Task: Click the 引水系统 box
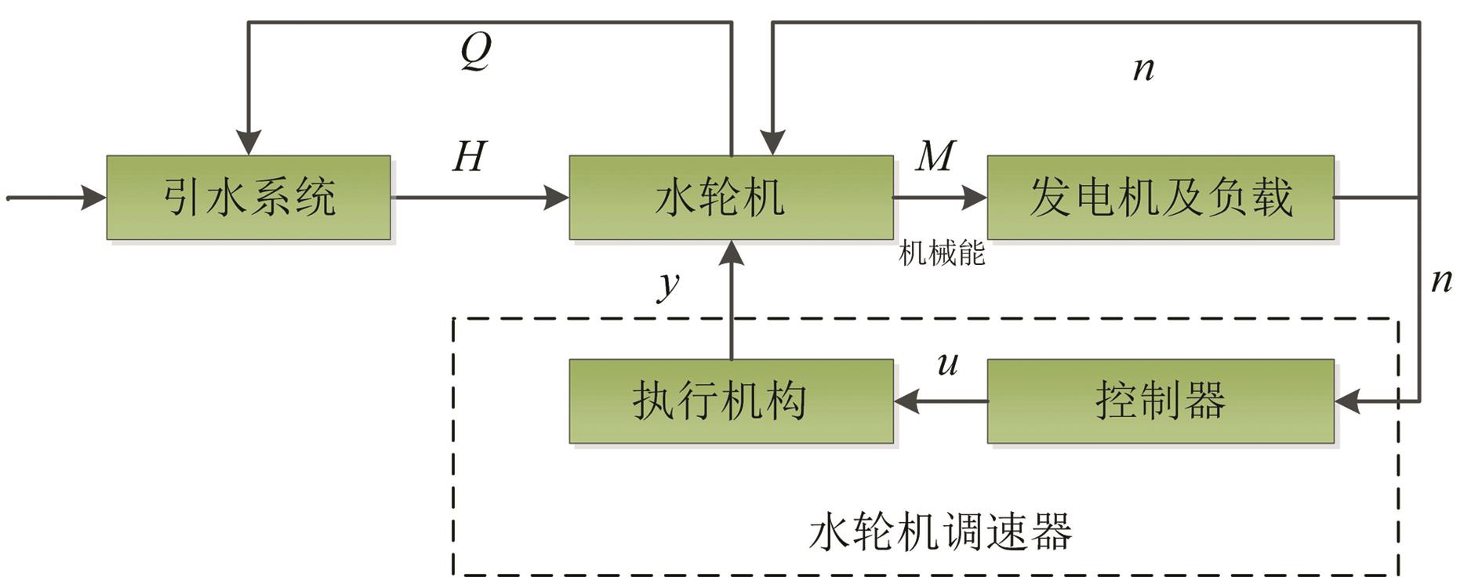tap(249, 198)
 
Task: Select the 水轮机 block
tap(731, 198)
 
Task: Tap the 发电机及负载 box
tap(1161, 198)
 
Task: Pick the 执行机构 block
tap(731, 401)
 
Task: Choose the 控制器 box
tap(1161, 401)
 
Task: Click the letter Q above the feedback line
tap(475, 52)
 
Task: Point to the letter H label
tap(470, 157)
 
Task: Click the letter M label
tap(935, 156)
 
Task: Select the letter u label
tap(948, 363)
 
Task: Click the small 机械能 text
tap(941, 254)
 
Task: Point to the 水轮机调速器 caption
tap(941, 532)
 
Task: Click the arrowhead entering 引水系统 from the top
tap(249, 144)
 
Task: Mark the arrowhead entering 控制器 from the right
tap(1346, 401)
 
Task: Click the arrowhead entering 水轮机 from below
tap(732, 252)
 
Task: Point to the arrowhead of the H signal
tap(558, 198)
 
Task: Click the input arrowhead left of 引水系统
tap(95, 198)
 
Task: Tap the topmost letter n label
tap(1144, 69)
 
